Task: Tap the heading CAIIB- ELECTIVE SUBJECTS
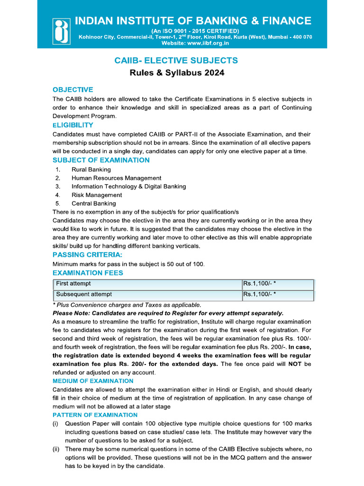pyautogui.click(x=176, y=60)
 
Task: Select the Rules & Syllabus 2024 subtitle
pyautogui.click(x=177, y=73)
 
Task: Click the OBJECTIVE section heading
pyautogui.click(x=73, y=90)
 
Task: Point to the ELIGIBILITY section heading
pyautogui.click(x=73, y=125)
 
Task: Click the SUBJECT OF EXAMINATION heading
pyautogui.click(x=101, y=160)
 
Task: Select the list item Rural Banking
pyautogui.click(x=91, y=169)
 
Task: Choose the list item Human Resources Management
pyautogui.click(x=116, y=178)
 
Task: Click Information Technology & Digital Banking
pyautogui.click(x=128, y=187)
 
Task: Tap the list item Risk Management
pyautogui.click(x=97, y=195)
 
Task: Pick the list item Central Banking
pyautogui.click(x=93, y=204)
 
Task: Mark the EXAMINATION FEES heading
pyautogui.click(x=88, y=272)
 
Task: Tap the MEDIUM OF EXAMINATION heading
pyautogui.click(x=93, y=381)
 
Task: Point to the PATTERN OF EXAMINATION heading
pyautogui.click(x=95, y=415)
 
